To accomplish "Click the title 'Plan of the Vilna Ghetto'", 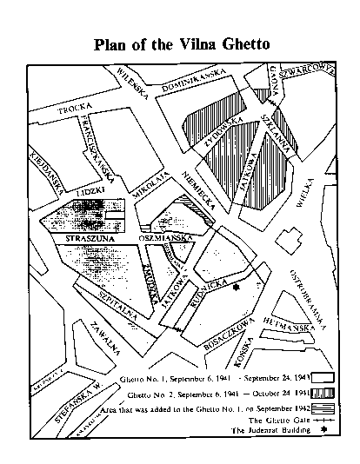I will point(183,44).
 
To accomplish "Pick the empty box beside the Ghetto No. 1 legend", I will point(323,378).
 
